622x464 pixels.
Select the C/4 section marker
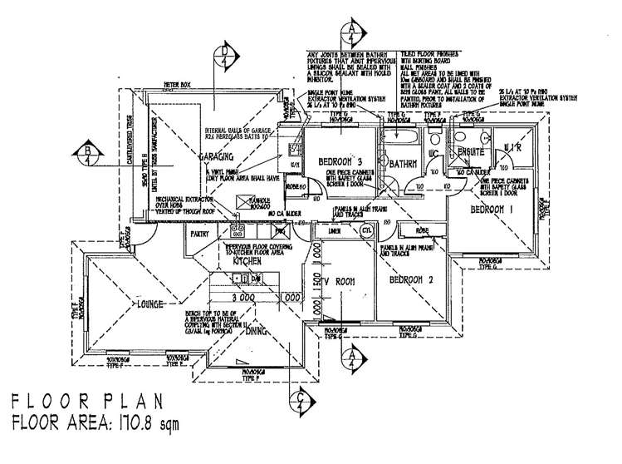point(299,405)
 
